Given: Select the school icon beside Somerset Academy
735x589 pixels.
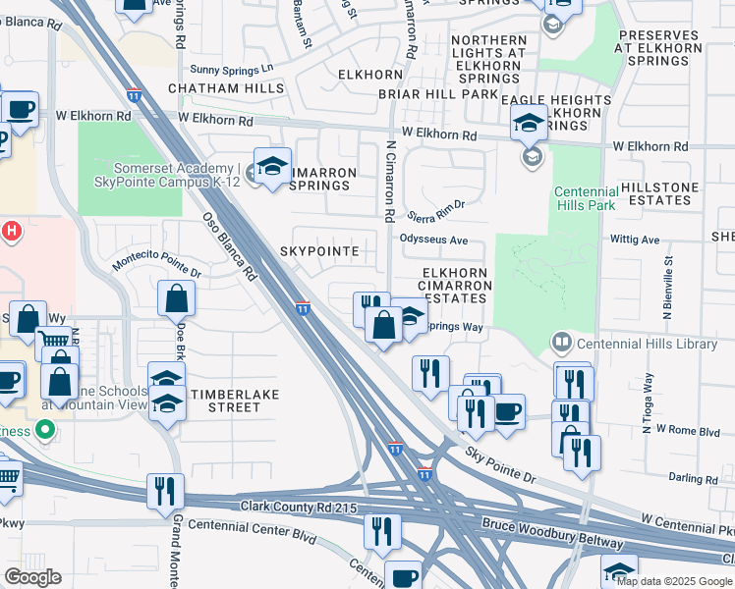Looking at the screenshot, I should pos(272,166).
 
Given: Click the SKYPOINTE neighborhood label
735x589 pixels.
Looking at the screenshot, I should pos(319,251).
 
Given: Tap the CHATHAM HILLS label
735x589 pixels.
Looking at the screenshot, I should pos(226,88).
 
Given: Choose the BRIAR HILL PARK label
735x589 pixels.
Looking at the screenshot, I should pos(438,95).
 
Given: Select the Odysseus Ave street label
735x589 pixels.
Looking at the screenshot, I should pos(433,240).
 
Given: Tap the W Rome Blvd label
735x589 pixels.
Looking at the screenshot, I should pos(689,429).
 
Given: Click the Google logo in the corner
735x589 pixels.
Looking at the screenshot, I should pos(32,577).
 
